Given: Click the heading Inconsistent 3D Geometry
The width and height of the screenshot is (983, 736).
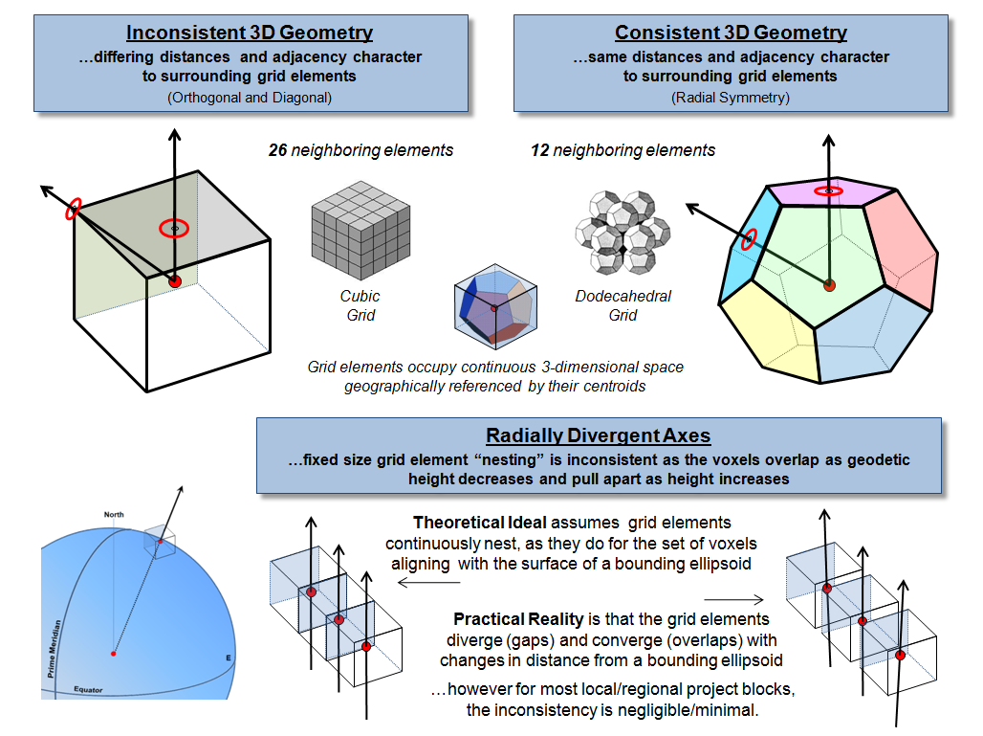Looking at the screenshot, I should (x=250, y=33).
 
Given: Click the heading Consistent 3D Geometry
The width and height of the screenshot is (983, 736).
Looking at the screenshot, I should (x=731, y=33).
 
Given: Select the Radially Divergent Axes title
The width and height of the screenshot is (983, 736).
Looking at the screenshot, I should (x=599, y=436).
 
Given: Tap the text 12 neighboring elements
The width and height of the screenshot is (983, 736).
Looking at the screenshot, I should (x=623, y=150).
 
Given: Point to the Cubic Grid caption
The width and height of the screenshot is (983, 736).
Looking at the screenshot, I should (x=360, y=306).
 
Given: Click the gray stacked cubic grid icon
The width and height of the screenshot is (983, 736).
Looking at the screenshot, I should (x=361, y=231).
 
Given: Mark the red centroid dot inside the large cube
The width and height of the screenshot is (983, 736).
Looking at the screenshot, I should (x=174, y=281).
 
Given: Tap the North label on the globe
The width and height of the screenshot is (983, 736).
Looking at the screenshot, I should (x=114, y=515).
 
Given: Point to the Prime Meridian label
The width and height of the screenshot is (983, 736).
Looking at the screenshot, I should (x=55, y=652).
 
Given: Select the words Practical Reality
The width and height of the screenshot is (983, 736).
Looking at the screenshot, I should (x=504, y=619).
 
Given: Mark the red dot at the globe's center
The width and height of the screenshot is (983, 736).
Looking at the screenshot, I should (x=113, y=654).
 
